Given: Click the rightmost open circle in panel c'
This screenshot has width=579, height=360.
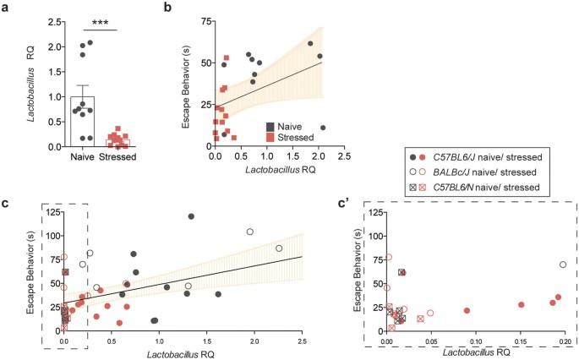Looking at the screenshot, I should pos(563,265).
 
